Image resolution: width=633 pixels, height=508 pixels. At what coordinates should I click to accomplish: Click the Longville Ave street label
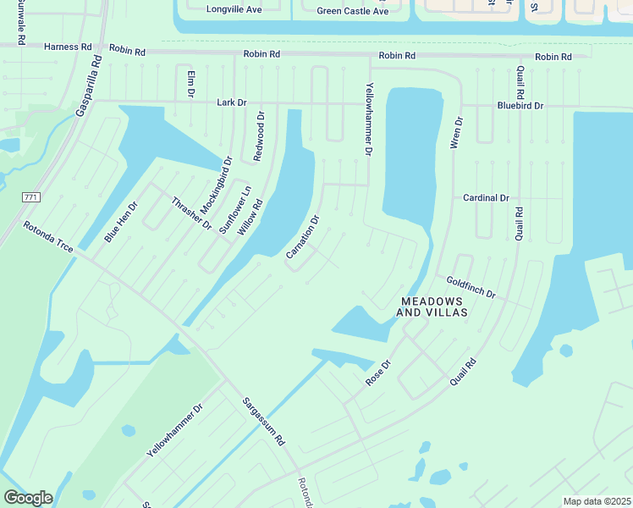click(x=234, y=10)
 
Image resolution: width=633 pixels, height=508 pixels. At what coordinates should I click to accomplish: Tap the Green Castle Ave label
click(x=353, y=11)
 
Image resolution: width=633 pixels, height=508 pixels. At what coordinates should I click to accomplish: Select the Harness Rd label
click(x=68, y=47)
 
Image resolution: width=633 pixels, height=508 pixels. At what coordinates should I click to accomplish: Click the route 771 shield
click(x=30, y=197)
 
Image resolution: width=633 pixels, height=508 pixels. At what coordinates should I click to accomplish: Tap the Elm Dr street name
click(x=191, y=84)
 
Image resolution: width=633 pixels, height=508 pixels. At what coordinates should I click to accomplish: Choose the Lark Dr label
click(x=231, y=102)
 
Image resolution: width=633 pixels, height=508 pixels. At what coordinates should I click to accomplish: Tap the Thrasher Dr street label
click(x=191, y=213)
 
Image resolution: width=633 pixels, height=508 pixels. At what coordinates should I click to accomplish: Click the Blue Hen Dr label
click(x=120, y=223)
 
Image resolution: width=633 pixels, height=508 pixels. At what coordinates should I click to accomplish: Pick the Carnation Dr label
click(x=303, y=236)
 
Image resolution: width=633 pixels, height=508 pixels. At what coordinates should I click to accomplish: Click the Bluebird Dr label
click(x=520, y=107)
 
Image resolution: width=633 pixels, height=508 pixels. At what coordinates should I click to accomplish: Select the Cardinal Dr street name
click(x=486, y=198)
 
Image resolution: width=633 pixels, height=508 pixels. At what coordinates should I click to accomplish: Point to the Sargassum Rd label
click(x=264, y=422)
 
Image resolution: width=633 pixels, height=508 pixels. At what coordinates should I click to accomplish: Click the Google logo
click(x=28, y=498)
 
